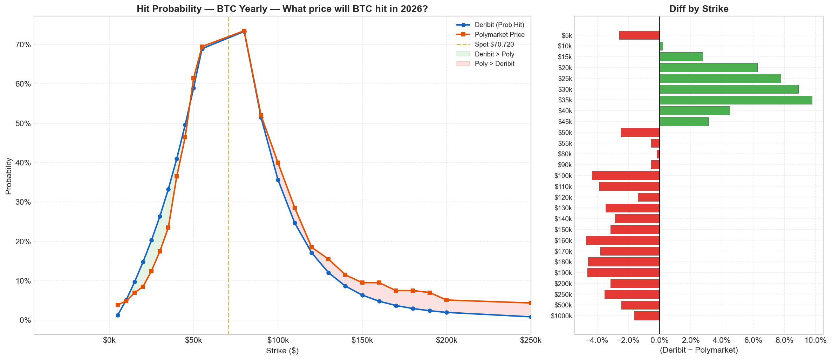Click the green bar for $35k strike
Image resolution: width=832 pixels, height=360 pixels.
(735, 100)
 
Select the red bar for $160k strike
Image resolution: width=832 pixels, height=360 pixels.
(623, 240)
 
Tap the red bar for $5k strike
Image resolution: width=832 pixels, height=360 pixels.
(639, 35)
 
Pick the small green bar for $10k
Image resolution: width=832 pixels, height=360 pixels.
(661, 46)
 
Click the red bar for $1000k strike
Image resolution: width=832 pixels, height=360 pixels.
(647, 316)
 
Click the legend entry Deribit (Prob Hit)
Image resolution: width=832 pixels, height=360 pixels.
(499, 25)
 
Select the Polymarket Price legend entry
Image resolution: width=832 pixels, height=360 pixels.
(499, 35)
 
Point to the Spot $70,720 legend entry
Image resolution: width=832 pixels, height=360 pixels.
(494, 45)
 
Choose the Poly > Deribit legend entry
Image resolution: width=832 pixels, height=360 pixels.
(494, 64)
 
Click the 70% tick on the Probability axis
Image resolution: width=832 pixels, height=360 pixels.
(23, 45)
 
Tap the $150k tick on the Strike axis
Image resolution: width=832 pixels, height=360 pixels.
(362, 340)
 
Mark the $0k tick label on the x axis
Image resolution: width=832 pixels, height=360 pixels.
(109, 340)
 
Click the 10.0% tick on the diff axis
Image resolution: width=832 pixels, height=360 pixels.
(815, 340)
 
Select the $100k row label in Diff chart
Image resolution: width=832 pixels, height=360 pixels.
(563, 176)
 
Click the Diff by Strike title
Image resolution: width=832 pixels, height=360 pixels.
(698, 9)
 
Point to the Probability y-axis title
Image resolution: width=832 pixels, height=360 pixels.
(9, 176)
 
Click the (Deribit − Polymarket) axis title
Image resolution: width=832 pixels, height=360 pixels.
(698, 350)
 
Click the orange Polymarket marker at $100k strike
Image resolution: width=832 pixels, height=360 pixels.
(278, 163)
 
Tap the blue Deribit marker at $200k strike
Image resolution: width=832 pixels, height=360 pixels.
(446, 312)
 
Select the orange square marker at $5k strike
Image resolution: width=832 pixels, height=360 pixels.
(118, 305)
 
